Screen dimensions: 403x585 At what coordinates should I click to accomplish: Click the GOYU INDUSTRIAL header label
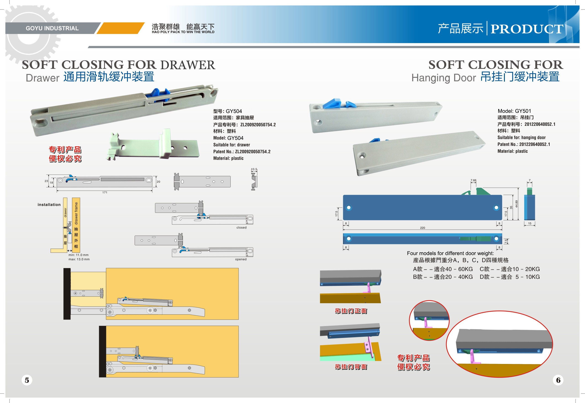click(52, 28)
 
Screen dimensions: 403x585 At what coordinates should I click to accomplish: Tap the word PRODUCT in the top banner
click(527, 29)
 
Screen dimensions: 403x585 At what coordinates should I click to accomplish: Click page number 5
click(27, 380)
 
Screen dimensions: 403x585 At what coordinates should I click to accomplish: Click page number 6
click(558, 380)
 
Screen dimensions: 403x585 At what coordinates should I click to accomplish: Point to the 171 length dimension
click(105, 192)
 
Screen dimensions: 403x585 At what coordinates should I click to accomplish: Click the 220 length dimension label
click(422, 228)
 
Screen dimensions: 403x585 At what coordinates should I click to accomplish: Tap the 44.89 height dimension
click(516, 204)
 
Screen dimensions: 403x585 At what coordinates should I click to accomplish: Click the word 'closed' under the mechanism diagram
click(241, 227)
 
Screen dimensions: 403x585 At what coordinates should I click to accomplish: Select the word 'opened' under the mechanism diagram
click(241, 259)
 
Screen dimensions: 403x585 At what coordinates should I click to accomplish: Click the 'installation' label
click(49, 205)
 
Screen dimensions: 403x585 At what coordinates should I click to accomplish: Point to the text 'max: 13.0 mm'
click(79, 259)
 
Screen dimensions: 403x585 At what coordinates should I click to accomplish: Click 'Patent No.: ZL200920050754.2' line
click(242, 152)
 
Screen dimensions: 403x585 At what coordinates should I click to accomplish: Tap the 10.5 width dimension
click(254, 169)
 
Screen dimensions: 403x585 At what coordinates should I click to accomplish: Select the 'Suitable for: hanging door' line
click(521, 138)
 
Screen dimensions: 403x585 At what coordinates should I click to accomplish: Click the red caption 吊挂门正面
click(351, 311)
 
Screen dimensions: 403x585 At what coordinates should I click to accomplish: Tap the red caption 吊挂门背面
click(351, 367)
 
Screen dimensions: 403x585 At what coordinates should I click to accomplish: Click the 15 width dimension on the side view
click(530, 224)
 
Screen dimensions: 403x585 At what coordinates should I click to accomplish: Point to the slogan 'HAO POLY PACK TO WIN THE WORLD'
click(183, 32)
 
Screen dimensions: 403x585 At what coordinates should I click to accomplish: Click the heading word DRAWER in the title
click(188, 65)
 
